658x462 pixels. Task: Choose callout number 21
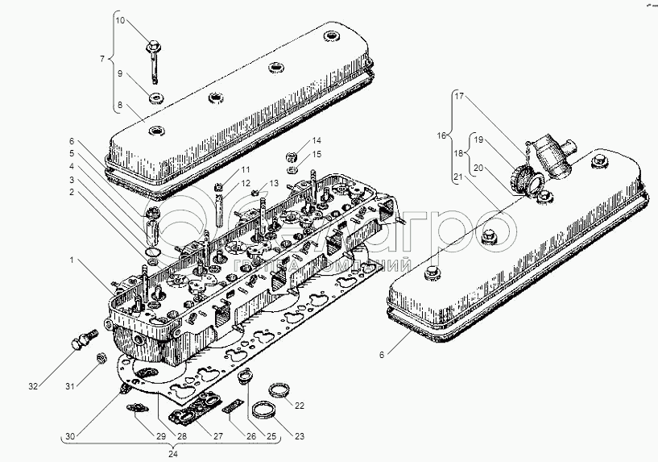pyautogui.click(x=458, y=177)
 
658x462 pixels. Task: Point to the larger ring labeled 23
pyautogui.click(x=264, y=410)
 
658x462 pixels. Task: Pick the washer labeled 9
pyautogui.click(x=154, y=99)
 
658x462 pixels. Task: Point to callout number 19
pyautogui.click(x=479, y=140)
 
